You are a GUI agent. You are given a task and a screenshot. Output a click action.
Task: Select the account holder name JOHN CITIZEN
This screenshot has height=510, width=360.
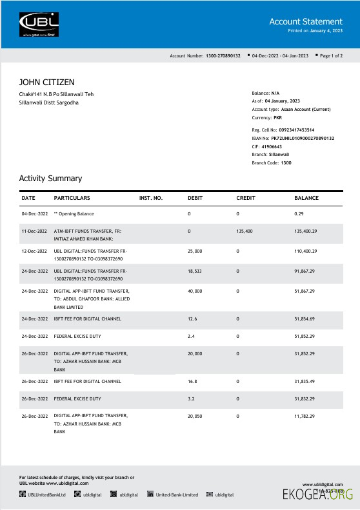[x=46, y=82]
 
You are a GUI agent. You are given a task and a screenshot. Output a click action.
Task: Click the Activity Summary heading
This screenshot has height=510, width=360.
[x=50, y=178]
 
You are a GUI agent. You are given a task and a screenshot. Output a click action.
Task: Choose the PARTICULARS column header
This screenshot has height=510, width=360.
[x=72, y=197]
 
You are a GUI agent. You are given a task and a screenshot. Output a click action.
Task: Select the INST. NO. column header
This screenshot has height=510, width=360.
[x=151, y=197]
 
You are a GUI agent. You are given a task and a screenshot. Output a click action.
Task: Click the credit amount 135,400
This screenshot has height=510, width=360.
[x=245, y=230]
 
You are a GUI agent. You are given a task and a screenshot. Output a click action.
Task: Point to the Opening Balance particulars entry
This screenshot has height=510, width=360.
[x=74, y=213]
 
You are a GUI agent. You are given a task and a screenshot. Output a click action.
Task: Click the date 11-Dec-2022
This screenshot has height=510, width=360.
[x=34, y=230]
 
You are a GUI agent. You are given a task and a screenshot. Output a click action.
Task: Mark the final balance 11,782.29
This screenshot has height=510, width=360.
[x=305, y=417]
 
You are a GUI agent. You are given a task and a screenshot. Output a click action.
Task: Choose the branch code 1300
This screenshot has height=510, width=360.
[x=286, y=163]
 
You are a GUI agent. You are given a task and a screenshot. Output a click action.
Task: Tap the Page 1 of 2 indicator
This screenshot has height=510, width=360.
[x=338, y=56]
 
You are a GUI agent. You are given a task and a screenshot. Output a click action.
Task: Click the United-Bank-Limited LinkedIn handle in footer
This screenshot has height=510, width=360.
[x=176, y=495]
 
